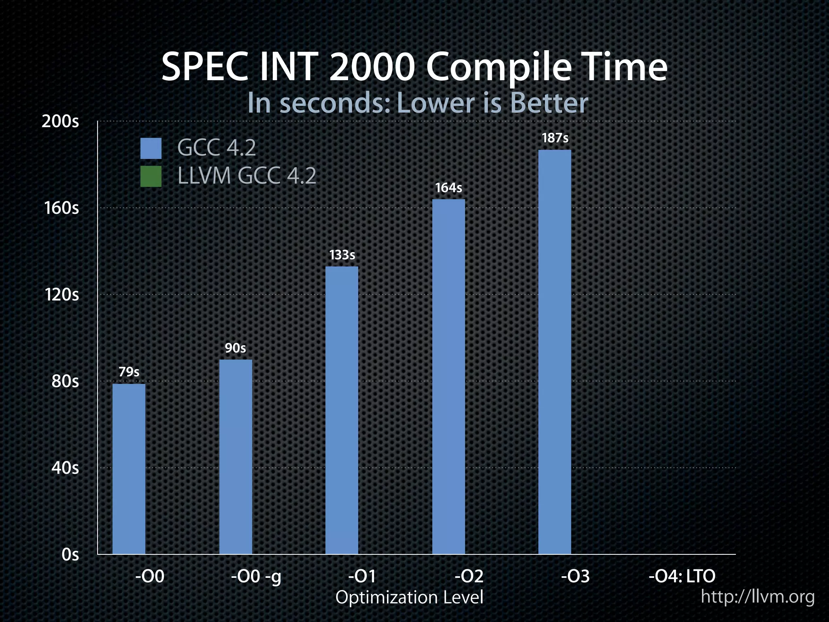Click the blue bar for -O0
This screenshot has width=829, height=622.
(x=129, y=469)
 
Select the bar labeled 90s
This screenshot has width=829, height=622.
(x=236, y=456)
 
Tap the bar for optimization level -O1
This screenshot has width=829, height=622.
(x=342, y=410)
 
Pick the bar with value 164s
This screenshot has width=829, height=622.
(x=449, y=376)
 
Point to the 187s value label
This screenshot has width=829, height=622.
(x=555, y=138)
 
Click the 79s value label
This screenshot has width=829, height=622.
(x=129, y=372)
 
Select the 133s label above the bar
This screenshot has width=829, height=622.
(x=342, y=255)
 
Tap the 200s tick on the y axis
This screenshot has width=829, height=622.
(x=60, y=121)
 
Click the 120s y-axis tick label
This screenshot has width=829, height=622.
(x=62, y=294)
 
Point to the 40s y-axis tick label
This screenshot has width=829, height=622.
(x=65, y=468)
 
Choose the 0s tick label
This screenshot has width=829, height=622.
(x=70, y=554)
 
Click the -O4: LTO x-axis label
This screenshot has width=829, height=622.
(x=682, y=576)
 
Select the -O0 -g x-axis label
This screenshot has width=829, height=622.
(x=256, y=576)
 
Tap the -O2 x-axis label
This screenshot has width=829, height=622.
(x=469, y=576)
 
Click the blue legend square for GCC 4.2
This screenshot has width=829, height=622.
(x=151, y=148)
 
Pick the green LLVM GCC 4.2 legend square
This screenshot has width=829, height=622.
(x=151, y=176)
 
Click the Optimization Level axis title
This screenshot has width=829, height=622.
(x=409, y=597)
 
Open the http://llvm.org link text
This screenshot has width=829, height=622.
(x=757, y=596)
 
